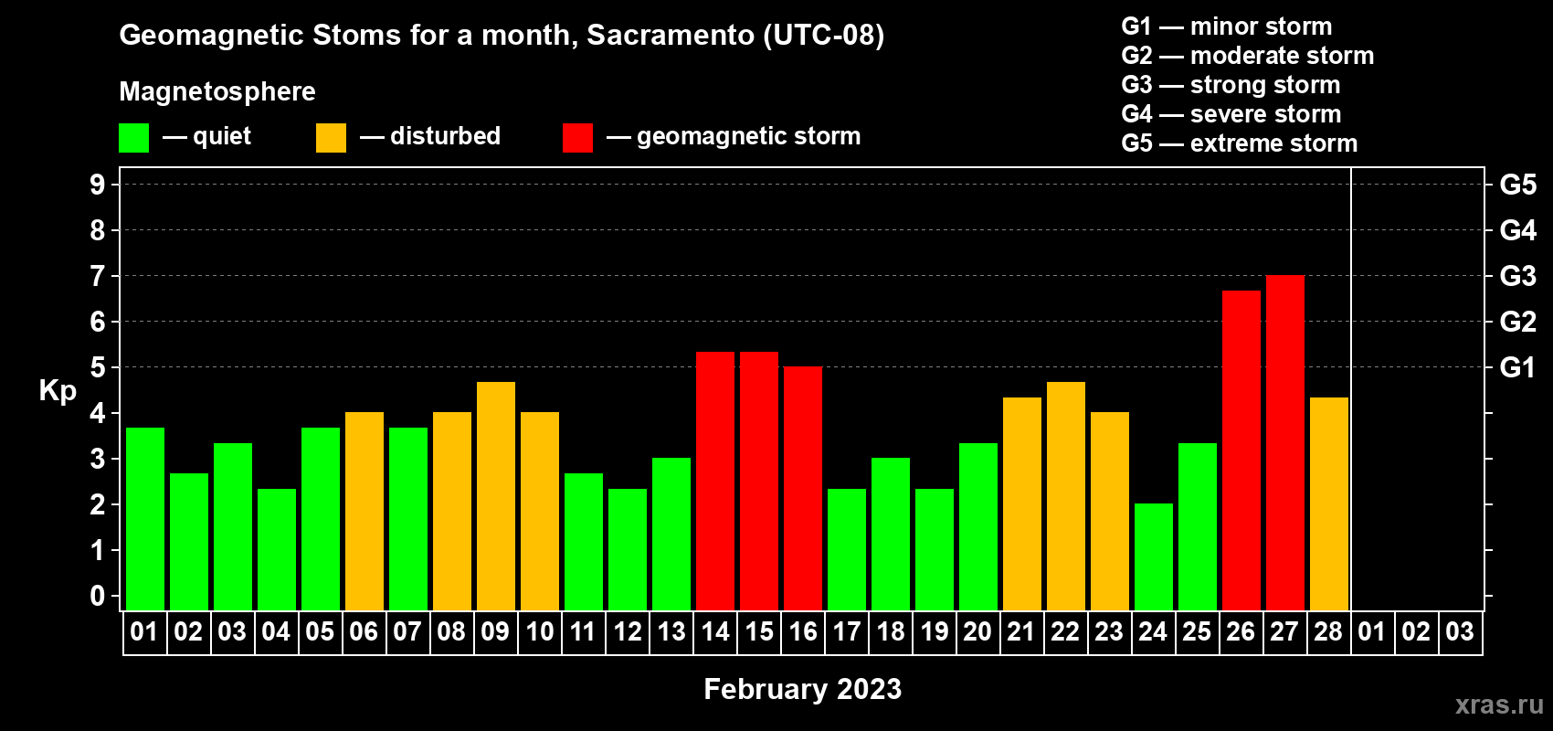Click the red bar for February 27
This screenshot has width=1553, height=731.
click(x=1284, y=442)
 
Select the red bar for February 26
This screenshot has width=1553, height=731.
click(x=1241, y=450)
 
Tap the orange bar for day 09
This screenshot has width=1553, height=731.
click(x=496, y=496)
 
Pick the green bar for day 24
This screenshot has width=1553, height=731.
click(x=1154, y=556)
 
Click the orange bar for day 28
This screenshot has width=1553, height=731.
click(x=1329, y=503)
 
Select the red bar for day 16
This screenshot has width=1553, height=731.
click(x=803, y=488)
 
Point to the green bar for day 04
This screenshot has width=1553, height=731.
click(x=277, y=549)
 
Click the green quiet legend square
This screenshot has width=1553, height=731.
click(x=133, y=137)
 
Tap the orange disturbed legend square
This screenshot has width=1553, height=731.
click(x=331, y=137)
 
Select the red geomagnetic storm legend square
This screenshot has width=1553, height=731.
click(x=577, y=137)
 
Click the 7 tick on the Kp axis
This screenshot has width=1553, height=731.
click(x=97, y=276)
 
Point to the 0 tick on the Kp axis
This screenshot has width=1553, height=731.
click(x=97, y=596)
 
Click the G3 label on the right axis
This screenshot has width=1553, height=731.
click(x=1517, y=276)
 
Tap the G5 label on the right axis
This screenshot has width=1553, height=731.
click(x=1517, y=185)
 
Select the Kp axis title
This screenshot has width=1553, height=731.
click(x=58, y=391)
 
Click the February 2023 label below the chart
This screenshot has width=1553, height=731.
click(x=802, y=689)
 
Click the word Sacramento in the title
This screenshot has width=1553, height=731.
click(x=671, y=35)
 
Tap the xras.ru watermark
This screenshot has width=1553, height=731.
click(x=1498, y=705)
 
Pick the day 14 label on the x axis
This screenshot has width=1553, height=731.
click(x=715, y=631)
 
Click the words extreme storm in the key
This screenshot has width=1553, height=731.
click(x=1273, y=143)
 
